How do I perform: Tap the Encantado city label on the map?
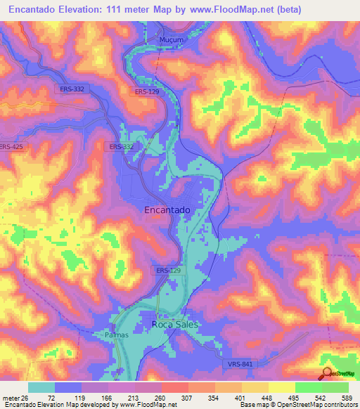pos(167,209)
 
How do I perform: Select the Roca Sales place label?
pos(176,324)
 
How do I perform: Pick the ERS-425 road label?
pos(12,147)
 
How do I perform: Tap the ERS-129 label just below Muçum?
pos(147,92)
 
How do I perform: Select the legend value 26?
pos(27,398)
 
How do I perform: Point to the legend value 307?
pos(188,398)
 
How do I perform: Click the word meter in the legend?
pos(11,398)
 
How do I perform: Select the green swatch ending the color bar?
pos(335,387)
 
